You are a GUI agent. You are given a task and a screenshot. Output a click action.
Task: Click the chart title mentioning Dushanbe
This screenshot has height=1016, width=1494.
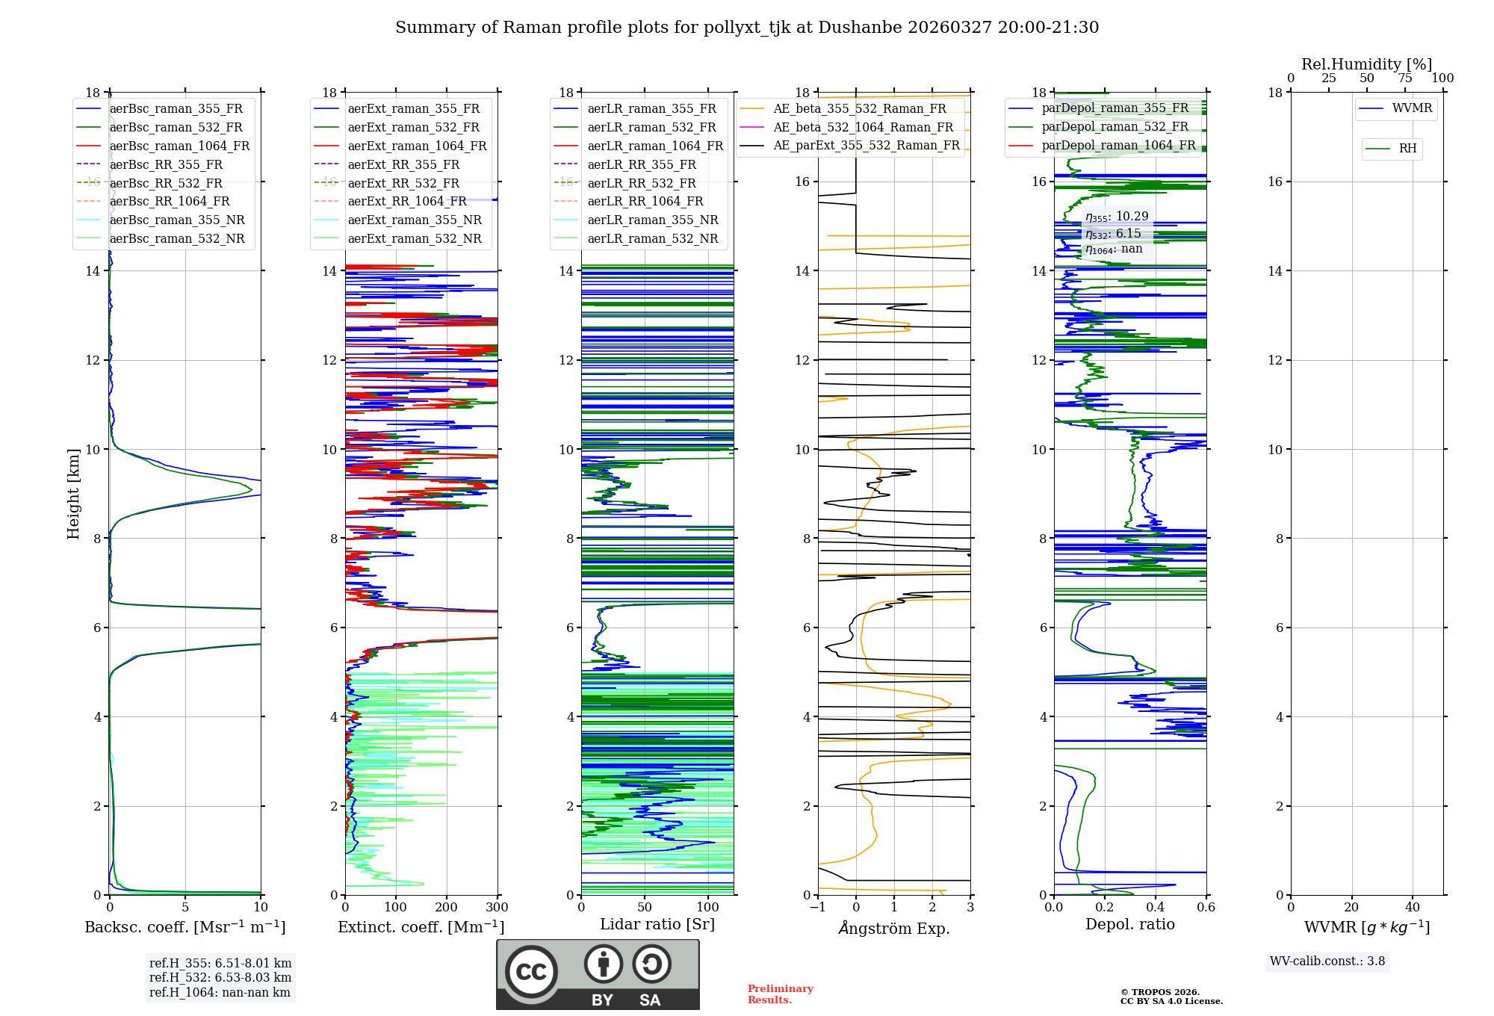click(747, 28)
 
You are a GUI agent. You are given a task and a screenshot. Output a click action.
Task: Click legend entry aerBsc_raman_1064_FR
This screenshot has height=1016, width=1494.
click(179, 146)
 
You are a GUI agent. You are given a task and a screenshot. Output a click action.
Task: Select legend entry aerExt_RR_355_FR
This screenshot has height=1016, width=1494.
click(403, 164)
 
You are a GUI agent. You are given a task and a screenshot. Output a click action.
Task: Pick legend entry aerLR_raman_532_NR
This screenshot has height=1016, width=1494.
click(652, 238)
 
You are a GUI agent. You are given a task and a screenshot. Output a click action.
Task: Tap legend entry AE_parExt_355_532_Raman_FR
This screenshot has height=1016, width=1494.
click(866, 145)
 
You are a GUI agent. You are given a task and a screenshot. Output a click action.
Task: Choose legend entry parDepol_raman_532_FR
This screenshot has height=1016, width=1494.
click(1115, 126)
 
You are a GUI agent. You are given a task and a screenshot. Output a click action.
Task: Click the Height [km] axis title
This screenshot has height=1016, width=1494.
click(73, 493)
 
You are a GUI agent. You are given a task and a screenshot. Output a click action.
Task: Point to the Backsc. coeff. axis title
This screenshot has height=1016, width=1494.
click(185, 927)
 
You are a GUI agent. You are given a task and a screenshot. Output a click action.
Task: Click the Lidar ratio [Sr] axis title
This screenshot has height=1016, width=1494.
click(657, 924)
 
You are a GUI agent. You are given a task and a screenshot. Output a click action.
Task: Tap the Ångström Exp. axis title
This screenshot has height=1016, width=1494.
click(893, 928)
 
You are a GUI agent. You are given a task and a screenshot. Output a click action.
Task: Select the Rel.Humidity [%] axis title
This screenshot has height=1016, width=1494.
click(1366, 64)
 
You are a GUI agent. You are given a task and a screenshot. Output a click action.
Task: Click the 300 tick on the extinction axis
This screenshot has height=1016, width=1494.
click(497, 908)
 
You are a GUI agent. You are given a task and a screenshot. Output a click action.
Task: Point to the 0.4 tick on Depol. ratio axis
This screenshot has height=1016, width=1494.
click(1155, 908)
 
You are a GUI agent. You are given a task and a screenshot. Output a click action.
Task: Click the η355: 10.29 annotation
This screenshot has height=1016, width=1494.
click(1117, 217)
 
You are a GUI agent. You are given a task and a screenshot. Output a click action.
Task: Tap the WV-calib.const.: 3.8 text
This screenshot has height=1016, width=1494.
click(1327, 961)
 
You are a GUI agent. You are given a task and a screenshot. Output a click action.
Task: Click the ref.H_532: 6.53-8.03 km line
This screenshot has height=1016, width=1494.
click(220, 977)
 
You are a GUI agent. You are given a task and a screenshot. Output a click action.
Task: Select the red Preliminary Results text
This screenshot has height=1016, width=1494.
click(780, 994)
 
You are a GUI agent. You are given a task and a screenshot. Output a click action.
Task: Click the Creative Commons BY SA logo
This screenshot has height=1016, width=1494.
click(598, 974)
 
